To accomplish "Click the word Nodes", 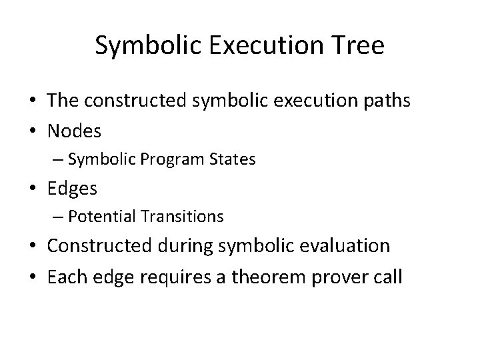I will coord(74,131).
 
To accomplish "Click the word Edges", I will coord(72,189).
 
